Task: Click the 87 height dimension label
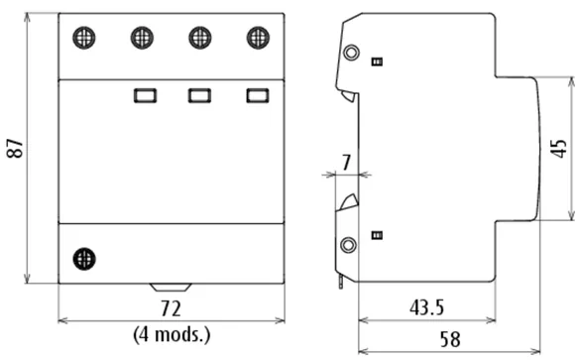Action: click(x=15, y=149)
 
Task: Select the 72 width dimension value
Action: click(x=171, y=308)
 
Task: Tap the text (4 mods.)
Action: click(x=172, y=335)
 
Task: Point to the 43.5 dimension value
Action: click(x=426, y=307)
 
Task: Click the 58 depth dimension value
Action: click(x=450, y=339)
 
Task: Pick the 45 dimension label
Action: click(x=559, y=149)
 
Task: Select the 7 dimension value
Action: click(x=346, y=163)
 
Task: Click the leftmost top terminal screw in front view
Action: click(x=84, y=38)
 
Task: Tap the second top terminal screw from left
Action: click(x=142, y=38)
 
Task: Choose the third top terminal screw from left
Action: click(x=200, y=38)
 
